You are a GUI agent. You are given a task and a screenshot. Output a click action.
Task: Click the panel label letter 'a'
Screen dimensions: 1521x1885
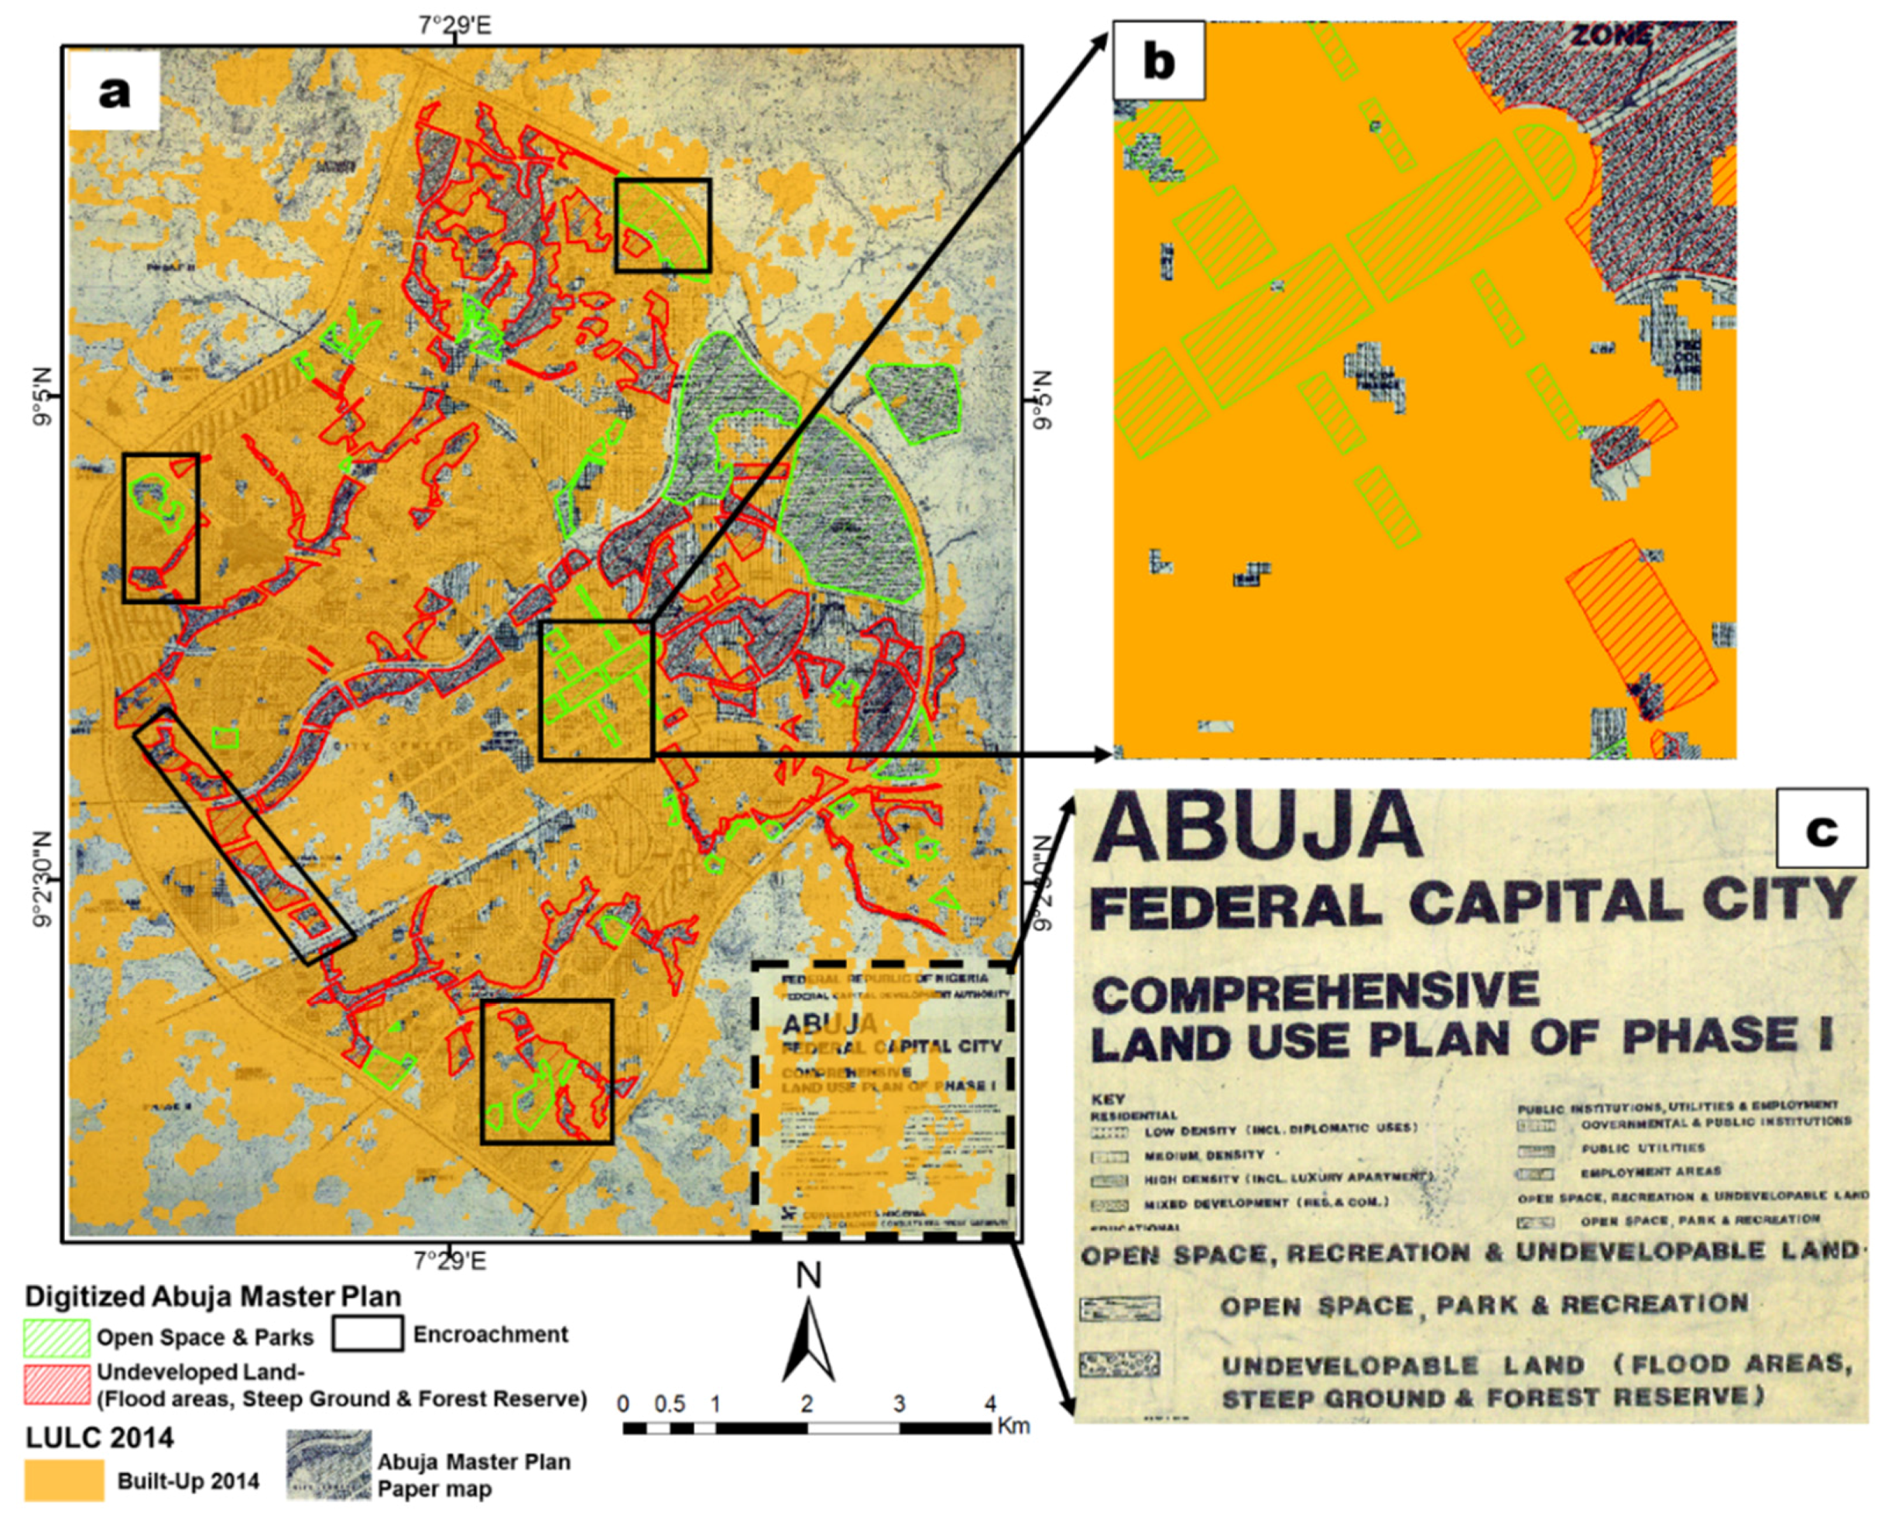tap(114, 91)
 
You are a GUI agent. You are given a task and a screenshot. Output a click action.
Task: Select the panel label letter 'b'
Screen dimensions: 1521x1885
tap(1158, 61)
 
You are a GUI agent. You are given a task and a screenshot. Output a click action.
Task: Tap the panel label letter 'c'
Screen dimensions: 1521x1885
tap(1821, 829)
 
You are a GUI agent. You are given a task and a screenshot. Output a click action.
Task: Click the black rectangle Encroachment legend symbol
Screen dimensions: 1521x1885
tap(367, 1334)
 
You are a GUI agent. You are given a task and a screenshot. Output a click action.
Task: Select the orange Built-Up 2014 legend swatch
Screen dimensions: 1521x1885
tap(64, 1481)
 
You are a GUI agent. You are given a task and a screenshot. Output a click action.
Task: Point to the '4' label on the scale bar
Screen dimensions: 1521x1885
tap(990, 1403)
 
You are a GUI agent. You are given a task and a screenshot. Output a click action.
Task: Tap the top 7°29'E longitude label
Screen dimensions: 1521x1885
tap(454, 25)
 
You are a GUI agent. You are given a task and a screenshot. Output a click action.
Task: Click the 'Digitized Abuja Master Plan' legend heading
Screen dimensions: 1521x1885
tap(213, 1296)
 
